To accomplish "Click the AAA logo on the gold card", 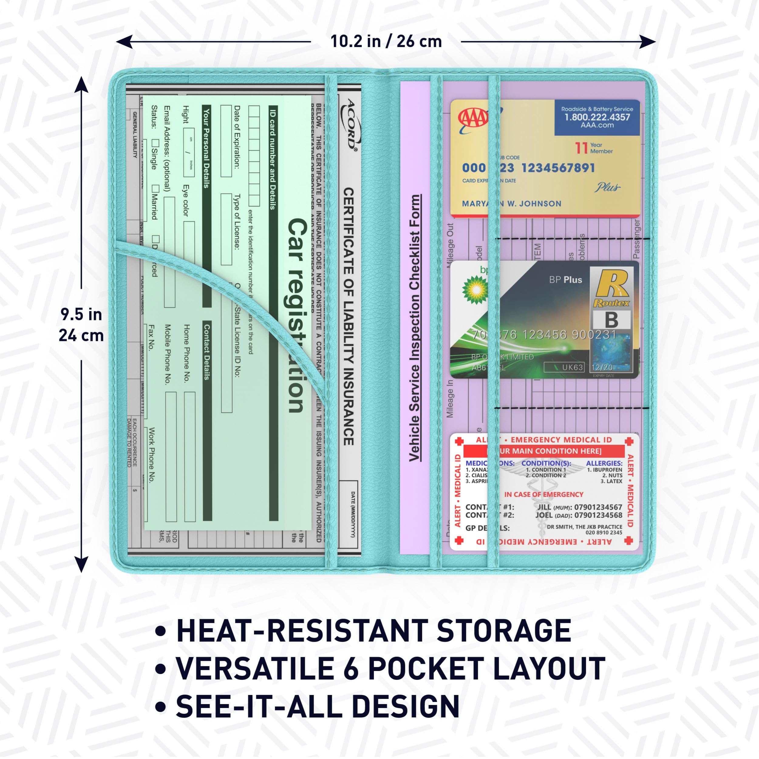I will [x=473, y=118].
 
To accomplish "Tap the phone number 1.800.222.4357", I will [x=597, y=117].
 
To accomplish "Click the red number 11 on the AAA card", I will [x=581, y=148].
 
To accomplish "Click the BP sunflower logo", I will [x=476, y=290].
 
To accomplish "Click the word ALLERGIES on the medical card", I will [x=604, y=464].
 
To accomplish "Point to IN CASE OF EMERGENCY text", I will [x=544, y=494].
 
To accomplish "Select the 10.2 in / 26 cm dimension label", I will [x=386, y=42].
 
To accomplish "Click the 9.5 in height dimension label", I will [x=81, y=315].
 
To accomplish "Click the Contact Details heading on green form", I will [x=207, y=352].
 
